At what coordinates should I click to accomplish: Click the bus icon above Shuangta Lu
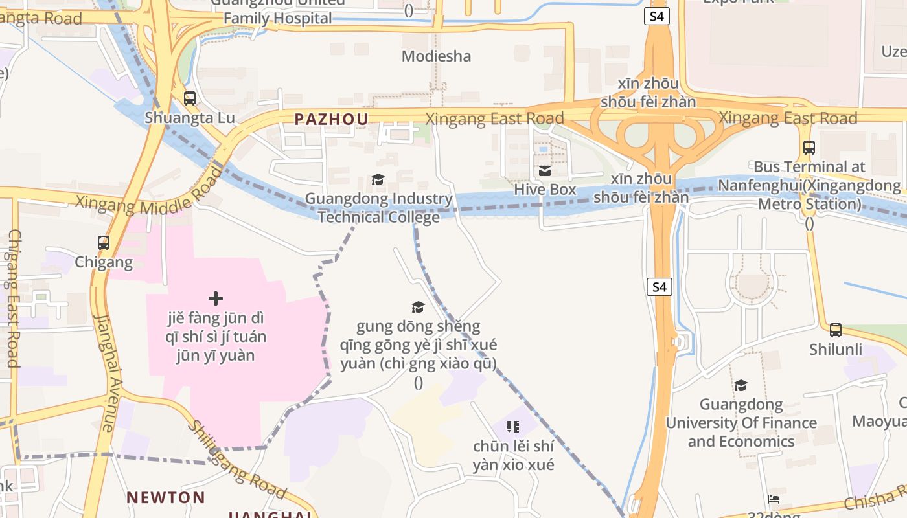(x=189, y=98)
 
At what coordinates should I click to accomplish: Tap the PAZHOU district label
(x=331, y=119)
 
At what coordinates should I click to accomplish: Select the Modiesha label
(x=436, y=56)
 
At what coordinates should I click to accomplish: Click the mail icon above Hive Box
(x=545, y=171)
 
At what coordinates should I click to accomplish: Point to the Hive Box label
(x=545, y=190)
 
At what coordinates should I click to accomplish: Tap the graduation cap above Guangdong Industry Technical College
(x=378, y=179)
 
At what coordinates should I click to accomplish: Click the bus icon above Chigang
(x=104, y=243)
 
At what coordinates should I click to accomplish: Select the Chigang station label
(x=104, y=262)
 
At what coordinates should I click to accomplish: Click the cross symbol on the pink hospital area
(x=216, y=298)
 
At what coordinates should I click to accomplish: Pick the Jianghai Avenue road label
(x=106, y=372)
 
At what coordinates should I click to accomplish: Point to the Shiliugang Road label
(x=236, y=460)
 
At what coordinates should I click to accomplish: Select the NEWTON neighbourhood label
(x=166, y=497)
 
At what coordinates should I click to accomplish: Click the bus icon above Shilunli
(x=836, y=330)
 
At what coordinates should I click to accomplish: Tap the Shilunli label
(x=836, y=350)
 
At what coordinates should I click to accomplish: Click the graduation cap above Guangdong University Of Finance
(x=741, y=386)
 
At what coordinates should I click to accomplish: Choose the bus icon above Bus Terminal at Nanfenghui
(x=809, y=147)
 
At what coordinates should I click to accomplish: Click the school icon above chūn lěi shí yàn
(x=513, y=427)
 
